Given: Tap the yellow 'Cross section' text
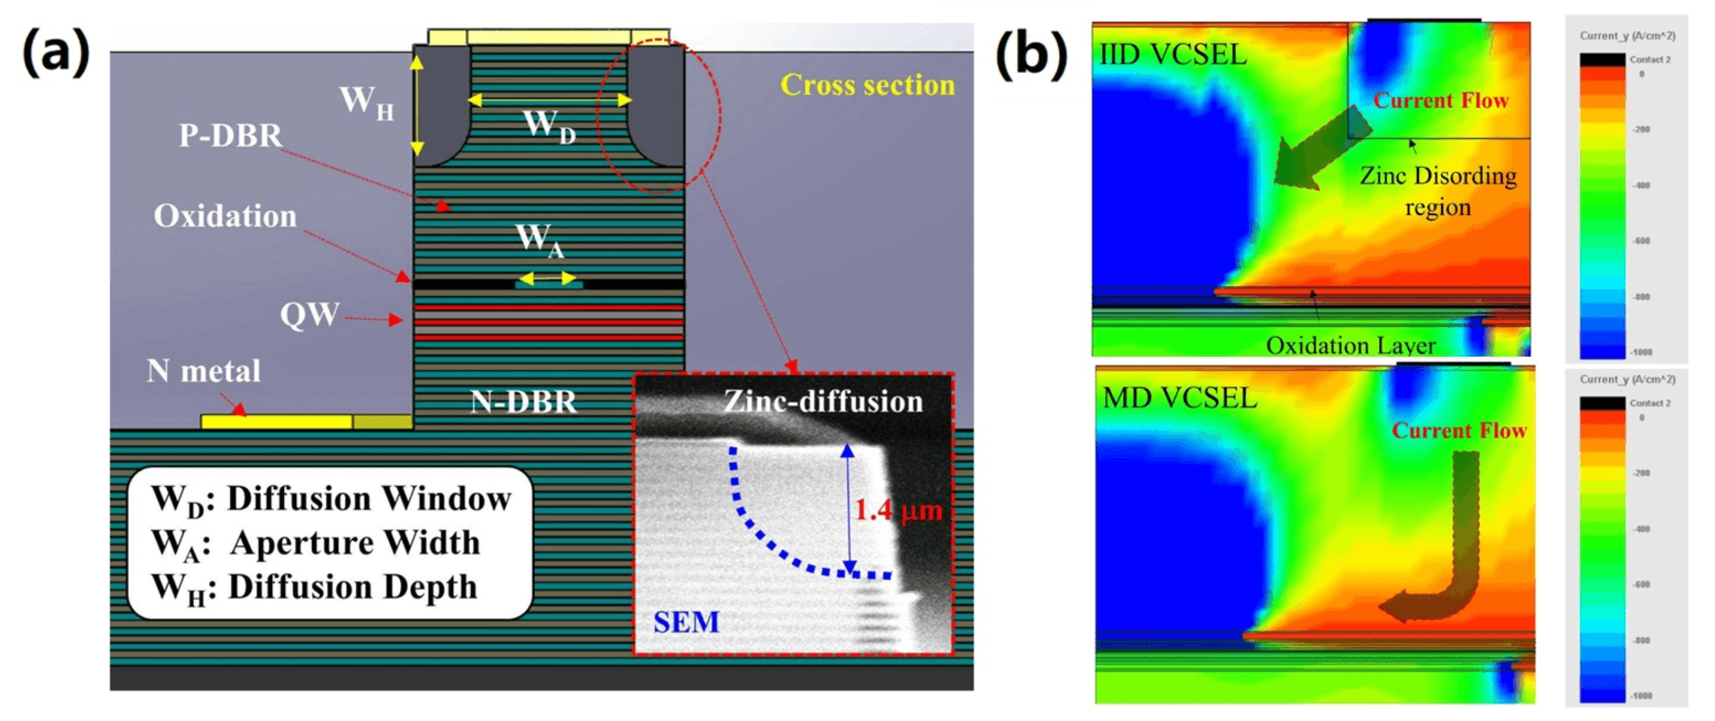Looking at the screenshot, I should click(867, 85).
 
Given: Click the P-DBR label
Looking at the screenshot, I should click(230, 136).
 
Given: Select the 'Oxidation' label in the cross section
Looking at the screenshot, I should click(225, 216).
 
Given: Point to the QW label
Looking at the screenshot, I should click(310, 315).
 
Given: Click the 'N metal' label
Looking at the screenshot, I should click(203, 371).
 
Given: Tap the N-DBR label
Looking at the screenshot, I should click(523, 401).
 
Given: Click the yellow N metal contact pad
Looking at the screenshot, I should click(276, 422).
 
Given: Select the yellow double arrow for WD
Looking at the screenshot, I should click(549, 100).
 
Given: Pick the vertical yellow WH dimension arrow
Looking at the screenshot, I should click(417, 105).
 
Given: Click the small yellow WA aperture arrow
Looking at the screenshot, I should click(547, 278).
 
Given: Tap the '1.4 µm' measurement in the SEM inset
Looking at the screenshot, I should click(898, 510).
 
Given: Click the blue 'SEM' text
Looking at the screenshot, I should click(685, 622).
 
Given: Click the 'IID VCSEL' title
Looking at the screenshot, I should click(1172, 55).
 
